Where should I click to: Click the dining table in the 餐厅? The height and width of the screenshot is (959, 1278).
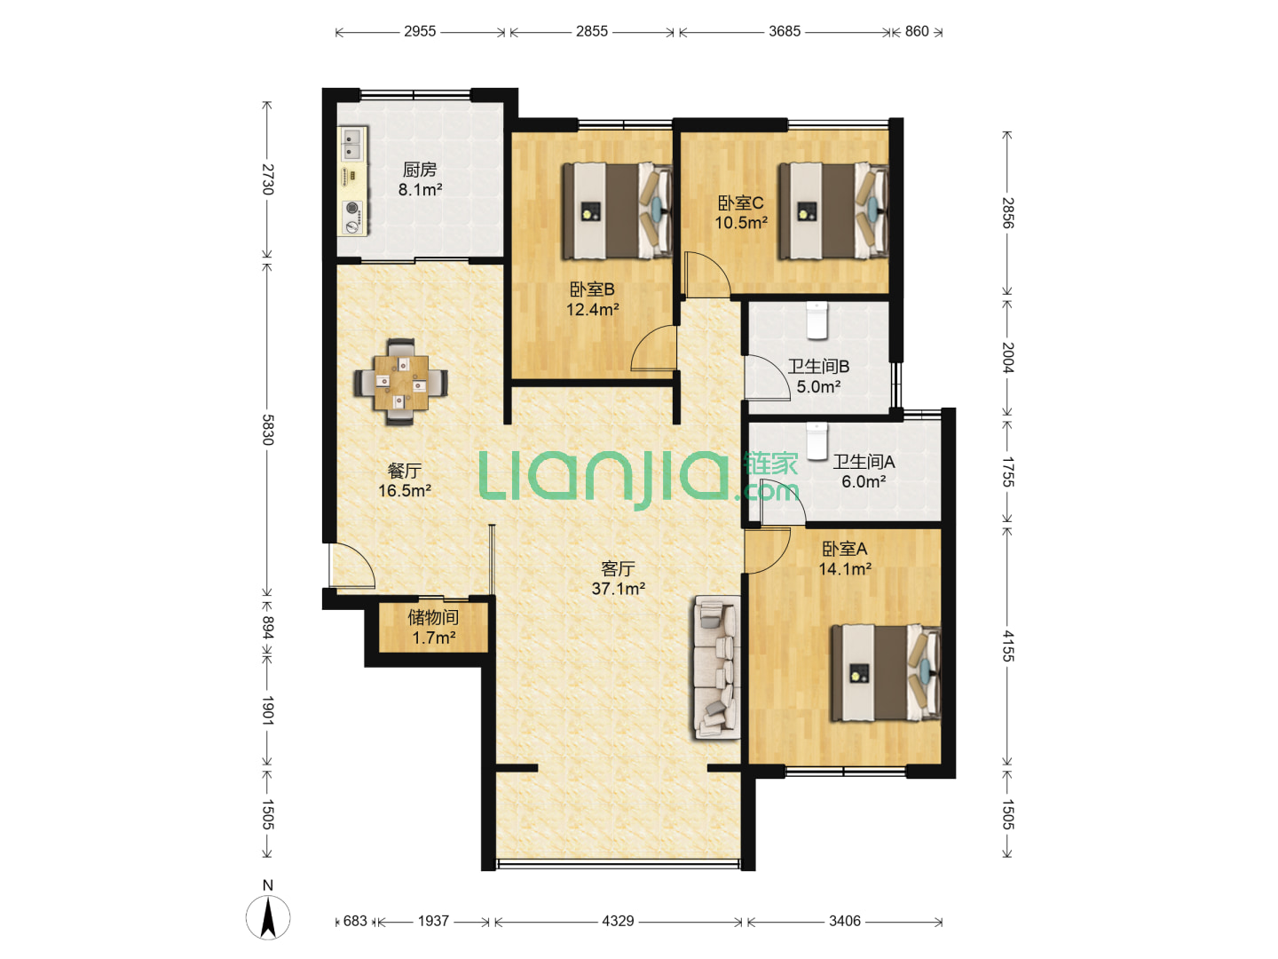(x=401, y=382)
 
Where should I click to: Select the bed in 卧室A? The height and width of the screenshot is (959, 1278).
(x=886, y=673)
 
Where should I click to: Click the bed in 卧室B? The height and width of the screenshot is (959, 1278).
(x=617, y=210)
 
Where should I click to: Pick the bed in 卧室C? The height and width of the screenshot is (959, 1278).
(x=833, y=210)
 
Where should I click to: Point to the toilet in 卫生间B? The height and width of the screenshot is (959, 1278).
(x=816, y=321)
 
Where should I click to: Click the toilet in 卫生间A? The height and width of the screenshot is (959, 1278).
(x=816, y=440)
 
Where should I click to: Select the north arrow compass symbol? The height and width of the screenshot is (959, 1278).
(x=268, y=917)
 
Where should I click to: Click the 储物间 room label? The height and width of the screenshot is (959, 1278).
(x=432, y=617)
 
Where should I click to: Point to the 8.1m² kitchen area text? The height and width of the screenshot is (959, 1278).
(x=420, y=190)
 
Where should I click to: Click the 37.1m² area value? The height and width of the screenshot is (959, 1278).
(x=618, y=589)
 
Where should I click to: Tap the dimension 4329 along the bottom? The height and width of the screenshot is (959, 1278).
(x=618, y=921)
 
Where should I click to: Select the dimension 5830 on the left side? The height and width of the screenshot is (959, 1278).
(x=267, y=430)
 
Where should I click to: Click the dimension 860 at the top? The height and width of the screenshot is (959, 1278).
(x=917, y=31)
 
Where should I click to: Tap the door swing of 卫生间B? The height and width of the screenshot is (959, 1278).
(x=767, y=377)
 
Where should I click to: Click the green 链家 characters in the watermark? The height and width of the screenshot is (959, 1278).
(x=770, y=464)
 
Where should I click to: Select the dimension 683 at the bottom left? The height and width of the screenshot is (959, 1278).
(x=355, y=921)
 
